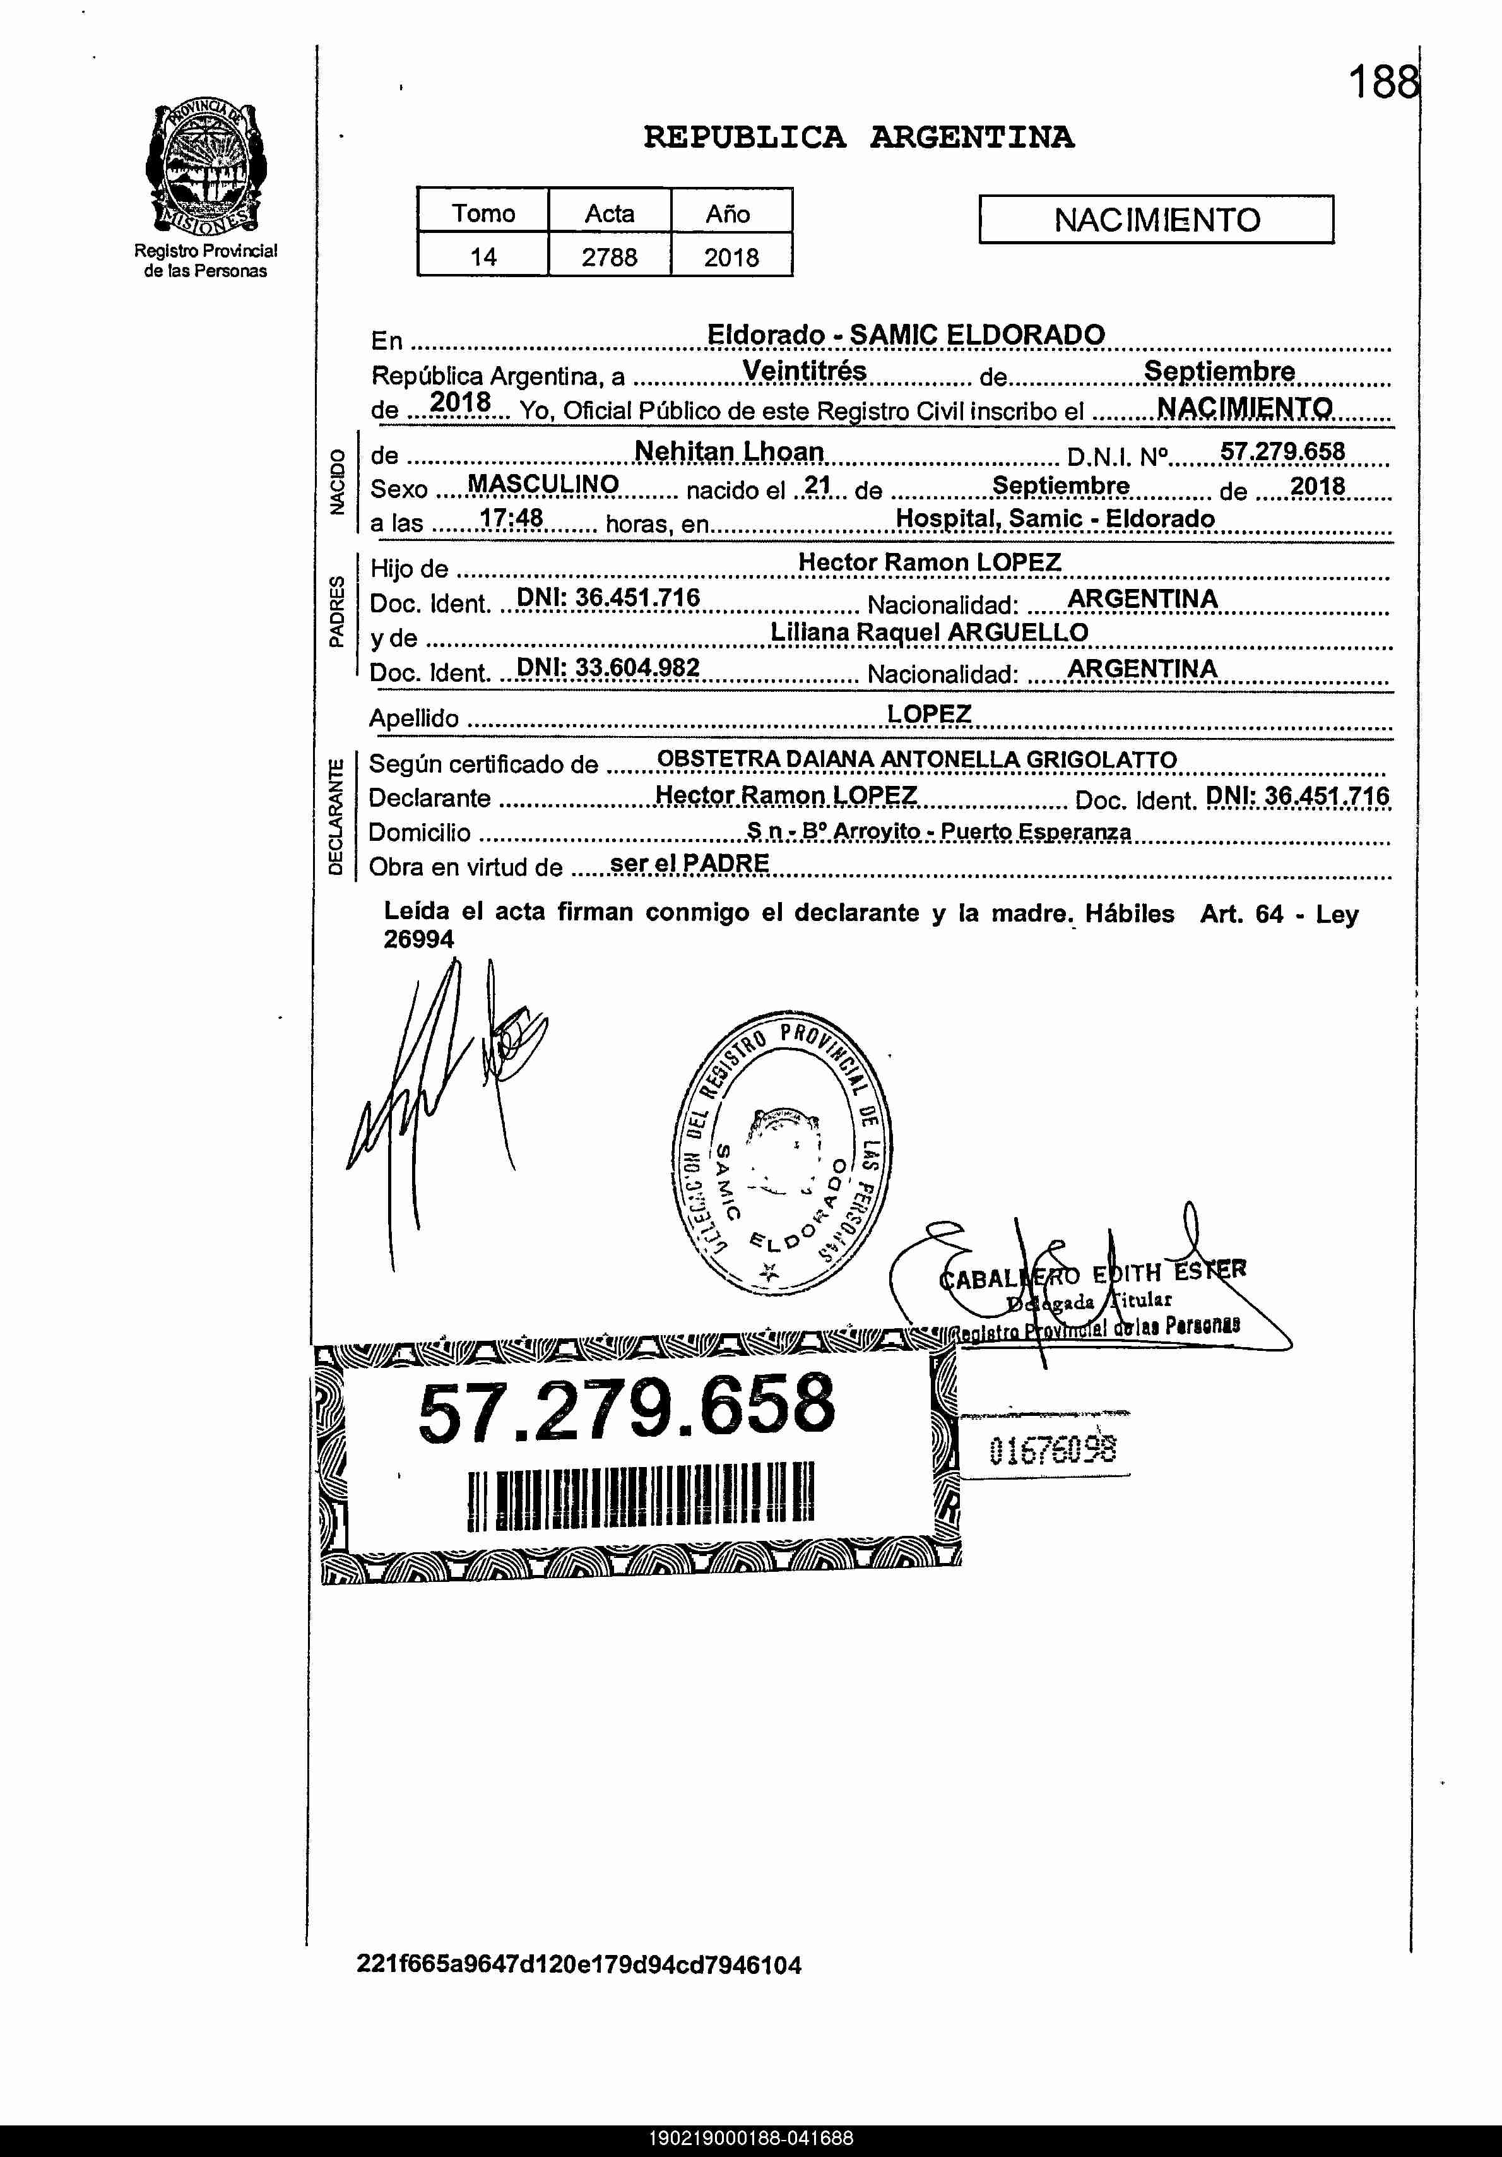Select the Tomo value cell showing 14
483,256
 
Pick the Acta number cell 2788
610,256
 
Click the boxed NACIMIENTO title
1156,220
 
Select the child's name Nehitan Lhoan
729,452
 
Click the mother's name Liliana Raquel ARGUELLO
929,633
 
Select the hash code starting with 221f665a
579,1965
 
